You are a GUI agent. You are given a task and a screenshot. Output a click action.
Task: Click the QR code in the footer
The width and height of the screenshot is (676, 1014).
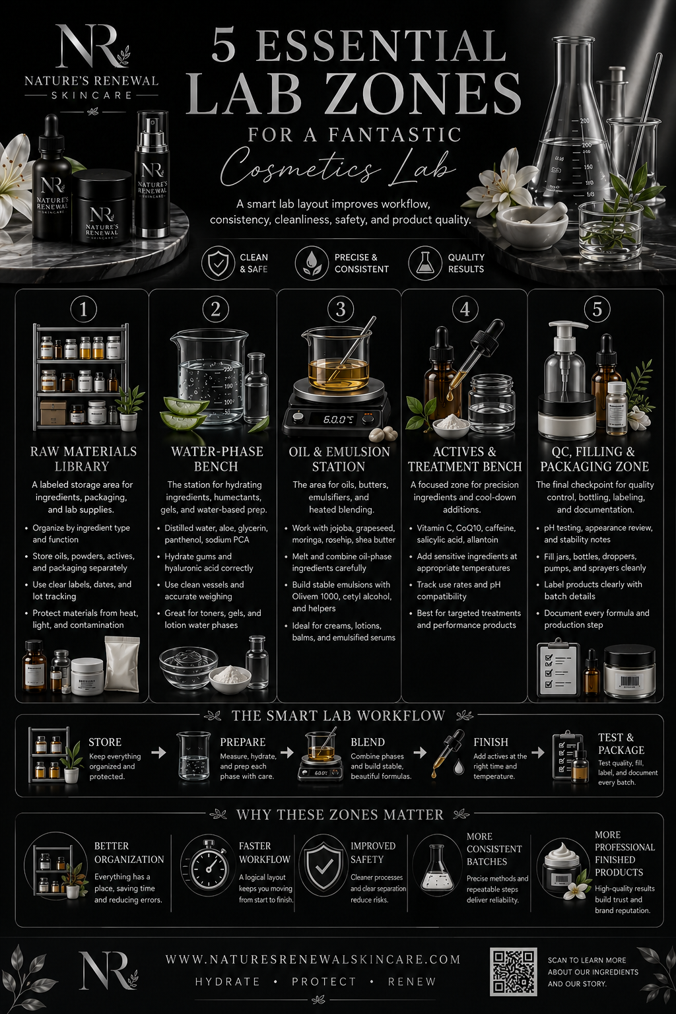[x=514, y=972]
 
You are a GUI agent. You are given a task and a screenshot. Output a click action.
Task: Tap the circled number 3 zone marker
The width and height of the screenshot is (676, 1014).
[x=341, y=309]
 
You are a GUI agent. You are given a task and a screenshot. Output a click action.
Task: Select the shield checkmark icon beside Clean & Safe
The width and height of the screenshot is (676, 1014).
[x=218, y=263]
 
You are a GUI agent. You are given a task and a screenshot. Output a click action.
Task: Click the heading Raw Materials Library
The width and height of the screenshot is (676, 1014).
[x=83, y=459]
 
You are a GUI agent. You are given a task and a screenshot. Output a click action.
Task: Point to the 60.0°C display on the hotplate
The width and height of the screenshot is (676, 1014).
[x=338, y=419]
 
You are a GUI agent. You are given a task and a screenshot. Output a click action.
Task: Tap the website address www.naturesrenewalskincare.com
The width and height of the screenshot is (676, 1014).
[x=314, y=959]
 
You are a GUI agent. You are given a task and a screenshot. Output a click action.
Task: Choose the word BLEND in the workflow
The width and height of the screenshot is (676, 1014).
[x=368, y=742]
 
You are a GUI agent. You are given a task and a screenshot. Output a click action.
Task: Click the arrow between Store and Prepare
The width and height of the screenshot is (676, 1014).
[x=158, y=752]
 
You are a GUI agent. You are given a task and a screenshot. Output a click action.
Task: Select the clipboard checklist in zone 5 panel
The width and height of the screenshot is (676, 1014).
[x=558, y=666]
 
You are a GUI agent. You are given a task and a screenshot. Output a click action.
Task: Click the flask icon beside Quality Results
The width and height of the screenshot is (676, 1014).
[x=424, y=263]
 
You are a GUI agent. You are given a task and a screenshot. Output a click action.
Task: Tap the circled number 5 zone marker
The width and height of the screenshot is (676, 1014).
[x=597, y=309]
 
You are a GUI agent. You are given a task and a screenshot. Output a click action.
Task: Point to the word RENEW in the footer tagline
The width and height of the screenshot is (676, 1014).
[x=412, y=982]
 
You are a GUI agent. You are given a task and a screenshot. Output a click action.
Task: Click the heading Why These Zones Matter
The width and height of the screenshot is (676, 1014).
[x=339, y=815]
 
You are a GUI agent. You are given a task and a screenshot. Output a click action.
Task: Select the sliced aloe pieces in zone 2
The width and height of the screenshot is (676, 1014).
[x=183, y=414]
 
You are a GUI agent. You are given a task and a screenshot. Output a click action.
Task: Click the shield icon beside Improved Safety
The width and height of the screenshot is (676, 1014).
[x=323, y=865]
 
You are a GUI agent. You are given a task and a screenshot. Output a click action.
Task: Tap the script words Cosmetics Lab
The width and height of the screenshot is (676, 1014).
[x=337, y=168]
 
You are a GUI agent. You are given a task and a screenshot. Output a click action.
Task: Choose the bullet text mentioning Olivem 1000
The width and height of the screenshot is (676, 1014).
[x=343, y=596]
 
